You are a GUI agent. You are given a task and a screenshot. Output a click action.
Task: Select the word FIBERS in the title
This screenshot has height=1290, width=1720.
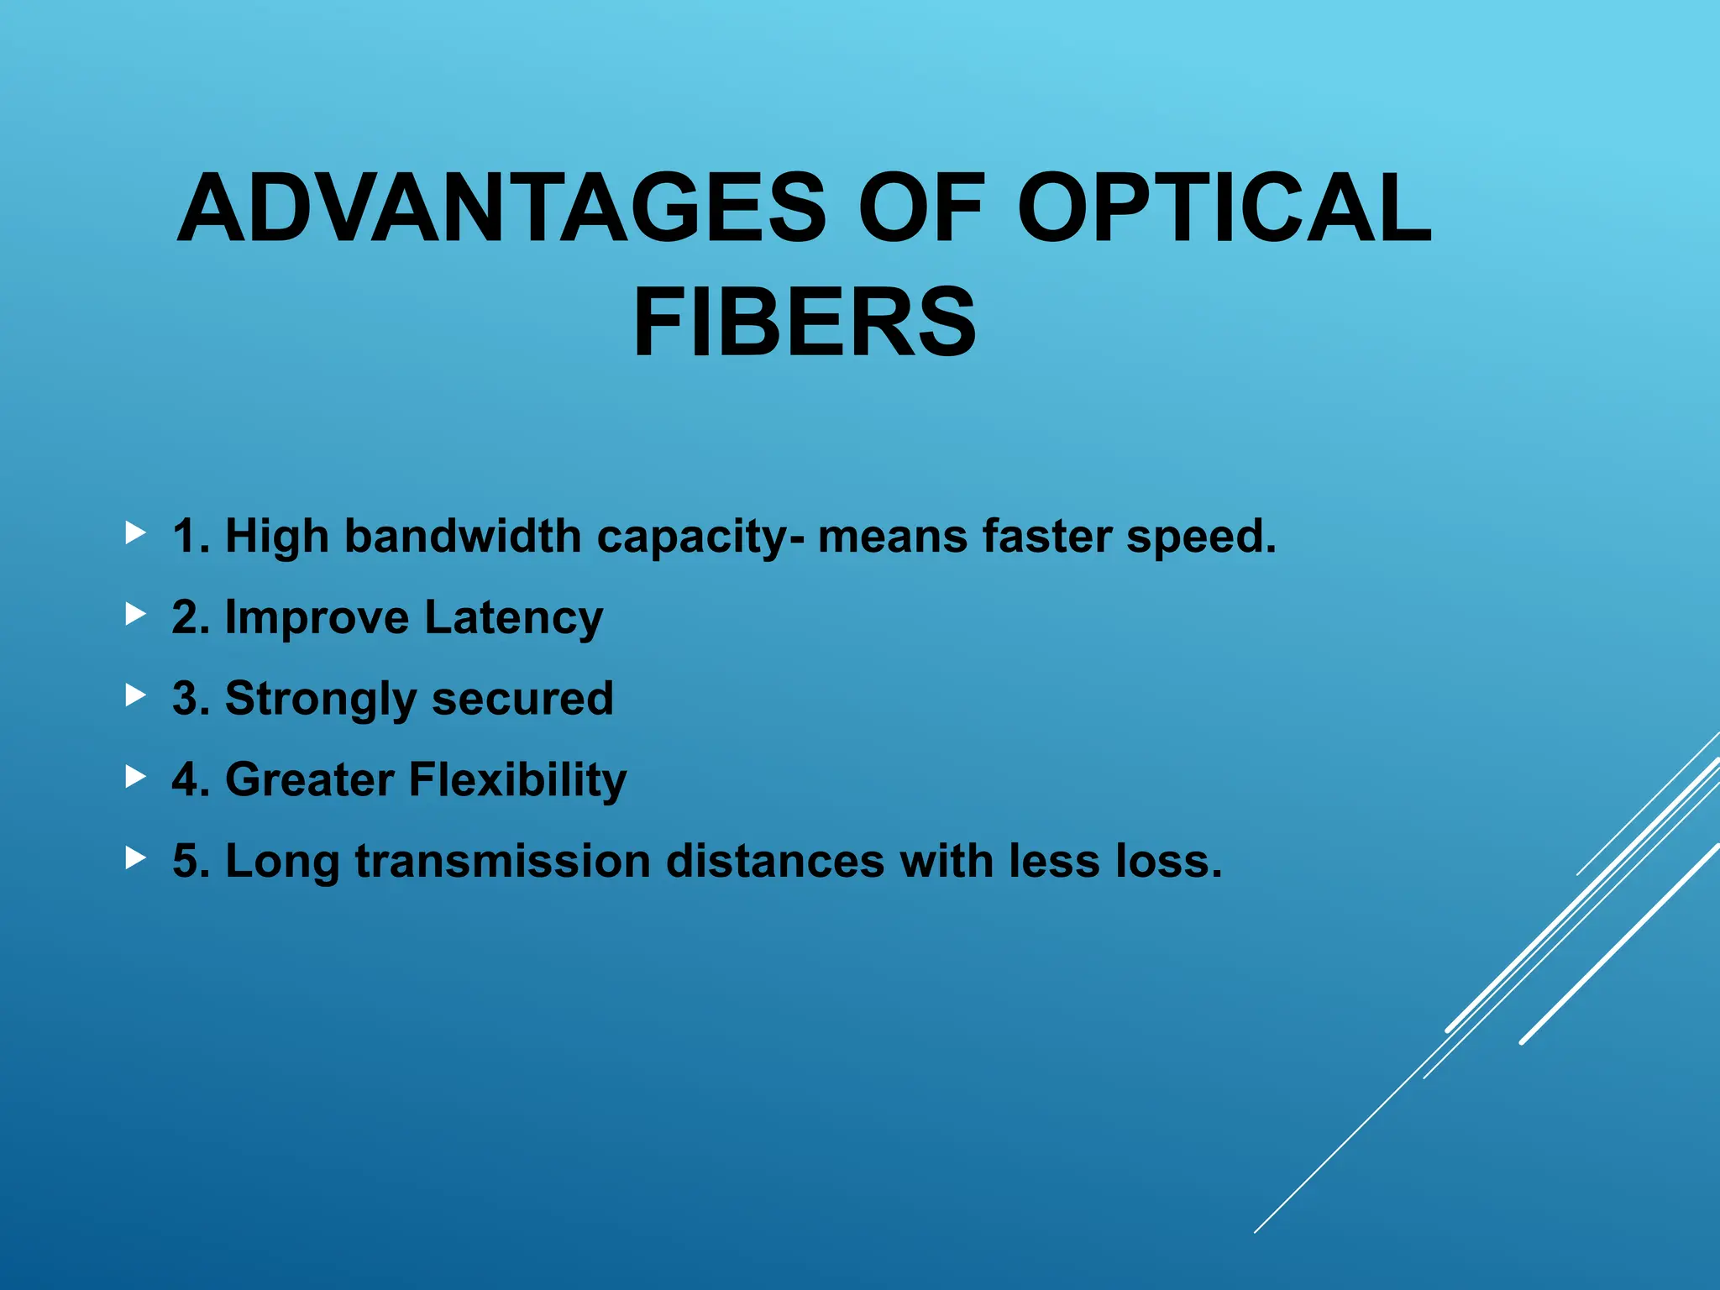805,322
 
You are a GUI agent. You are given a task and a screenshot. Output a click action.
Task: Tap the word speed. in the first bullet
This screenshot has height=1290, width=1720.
1201,537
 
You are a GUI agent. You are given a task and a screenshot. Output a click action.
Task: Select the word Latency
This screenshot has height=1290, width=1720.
513,618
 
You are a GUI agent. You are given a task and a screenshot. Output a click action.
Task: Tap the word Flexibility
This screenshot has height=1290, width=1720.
517,780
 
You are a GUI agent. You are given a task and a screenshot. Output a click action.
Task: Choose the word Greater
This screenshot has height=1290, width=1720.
309,780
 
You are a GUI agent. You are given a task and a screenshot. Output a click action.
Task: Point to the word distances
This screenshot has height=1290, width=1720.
775,861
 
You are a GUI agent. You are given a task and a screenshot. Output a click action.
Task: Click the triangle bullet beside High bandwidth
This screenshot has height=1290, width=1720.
135,532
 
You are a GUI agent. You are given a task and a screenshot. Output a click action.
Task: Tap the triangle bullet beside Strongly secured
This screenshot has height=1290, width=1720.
135,695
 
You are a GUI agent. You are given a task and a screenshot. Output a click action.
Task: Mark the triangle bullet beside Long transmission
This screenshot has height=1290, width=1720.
135,857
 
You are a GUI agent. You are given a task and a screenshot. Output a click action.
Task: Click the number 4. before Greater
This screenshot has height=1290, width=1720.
191,780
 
